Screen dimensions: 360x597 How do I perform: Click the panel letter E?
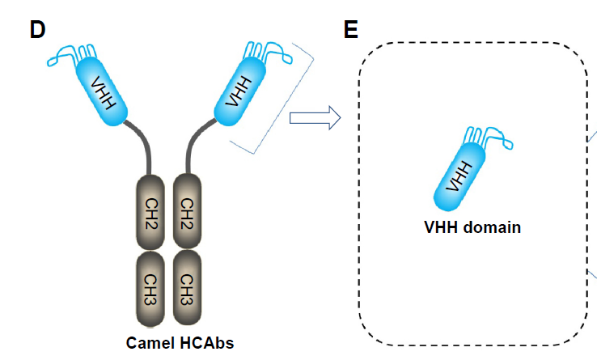point(351,30)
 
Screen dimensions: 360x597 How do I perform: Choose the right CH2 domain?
point(187,214)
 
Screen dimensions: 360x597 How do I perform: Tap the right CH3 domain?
point(187,286)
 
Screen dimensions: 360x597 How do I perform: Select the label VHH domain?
point(472,227)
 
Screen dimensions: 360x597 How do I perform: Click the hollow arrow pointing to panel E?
point(315,120)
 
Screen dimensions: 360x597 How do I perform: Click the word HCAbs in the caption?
point(206,342)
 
